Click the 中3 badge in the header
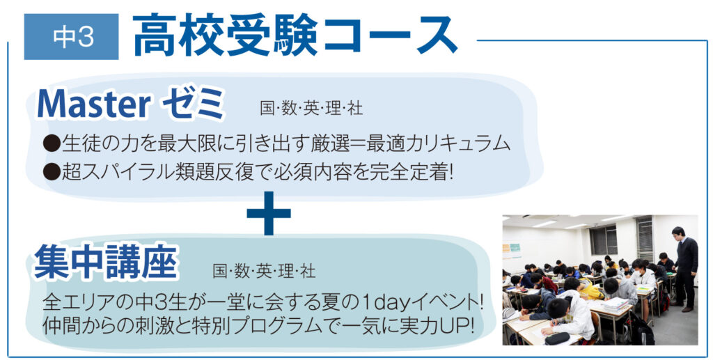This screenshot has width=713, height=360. (x=72, y=37)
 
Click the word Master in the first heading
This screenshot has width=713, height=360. (x=94, y=104)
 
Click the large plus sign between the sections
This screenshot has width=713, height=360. (x=269, y=213)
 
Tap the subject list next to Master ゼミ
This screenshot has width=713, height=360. (x=311, y=109)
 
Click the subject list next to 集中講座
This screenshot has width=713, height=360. (x=264, y=272)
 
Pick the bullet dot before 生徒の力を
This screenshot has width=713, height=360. (x=52, y=143)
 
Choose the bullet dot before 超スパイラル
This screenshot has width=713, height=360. (x=52, y=172)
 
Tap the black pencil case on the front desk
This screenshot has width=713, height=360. (x=557, y=338)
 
